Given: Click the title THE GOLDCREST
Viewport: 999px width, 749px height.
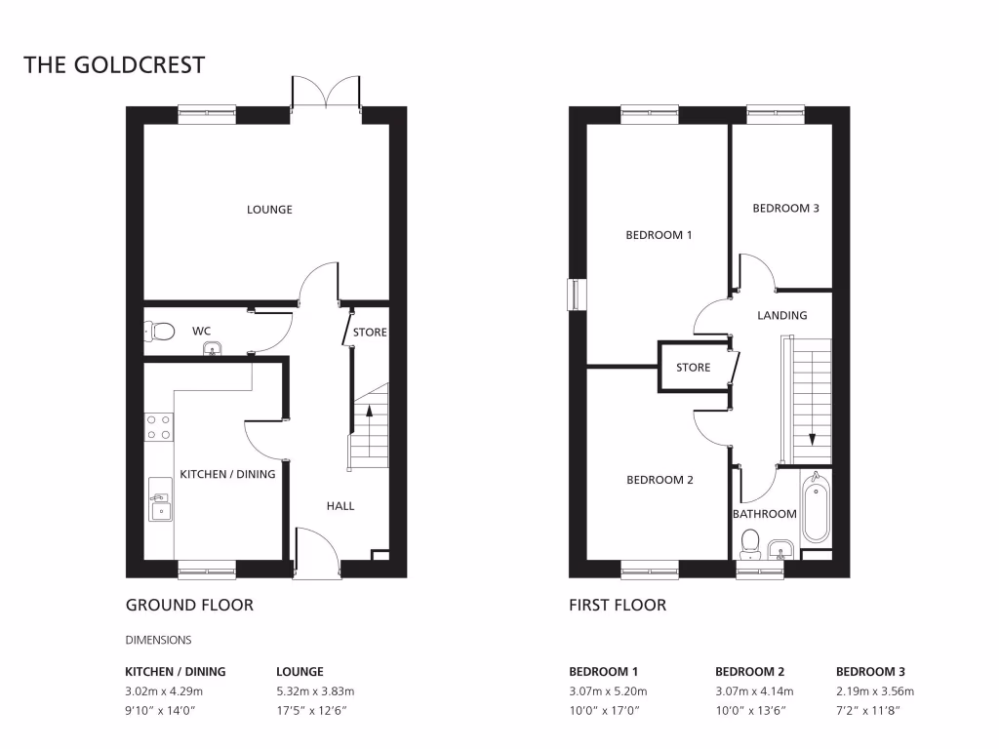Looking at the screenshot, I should [x=114, y=65].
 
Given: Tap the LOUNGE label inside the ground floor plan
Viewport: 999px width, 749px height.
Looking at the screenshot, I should [x=269, y=210].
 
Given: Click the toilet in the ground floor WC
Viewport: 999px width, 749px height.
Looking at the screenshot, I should [x=159, y=333].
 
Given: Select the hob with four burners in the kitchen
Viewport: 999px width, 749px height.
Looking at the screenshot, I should [x=158, y=426].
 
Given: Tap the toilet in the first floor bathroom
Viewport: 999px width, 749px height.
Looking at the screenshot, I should [x=750, y=540].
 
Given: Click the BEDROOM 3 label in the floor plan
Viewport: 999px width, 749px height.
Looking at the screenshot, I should [x=785, y=208].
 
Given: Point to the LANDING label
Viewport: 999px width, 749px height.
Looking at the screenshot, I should [x=782, y=315].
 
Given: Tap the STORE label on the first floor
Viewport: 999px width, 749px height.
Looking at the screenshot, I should [x=693, y=368].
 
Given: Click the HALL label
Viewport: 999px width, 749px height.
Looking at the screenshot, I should [x=340, y=506].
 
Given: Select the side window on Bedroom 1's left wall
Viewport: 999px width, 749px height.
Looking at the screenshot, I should [x=576, y=296].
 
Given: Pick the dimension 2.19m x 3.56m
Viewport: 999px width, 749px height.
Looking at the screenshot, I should [x=875, y=690].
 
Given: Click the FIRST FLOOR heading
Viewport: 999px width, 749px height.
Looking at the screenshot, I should [x=618, y=605].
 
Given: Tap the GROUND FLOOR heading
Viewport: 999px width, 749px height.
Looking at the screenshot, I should [x=189, y=605].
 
